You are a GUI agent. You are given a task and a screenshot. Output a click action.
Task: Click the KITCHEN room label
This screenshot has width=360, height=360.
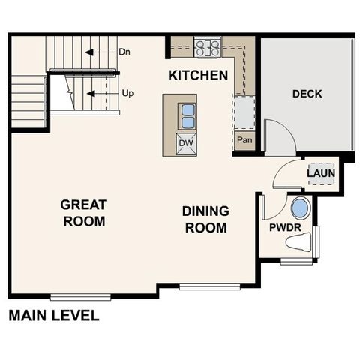point(197,75)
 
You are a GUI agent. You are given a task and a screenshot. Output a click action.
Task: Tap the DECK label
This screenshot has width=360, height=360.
point(307,94)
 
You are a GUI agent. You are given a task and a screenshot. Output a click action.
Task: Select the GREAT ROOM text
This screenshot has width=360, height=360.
point(83,212)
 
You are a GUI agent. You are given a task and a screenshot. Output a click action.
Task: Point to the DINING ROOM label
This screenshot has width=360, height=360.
point(205,219)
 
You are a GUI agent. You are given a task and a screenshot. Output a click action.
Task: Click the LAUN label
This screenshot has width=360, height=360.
point(321,173)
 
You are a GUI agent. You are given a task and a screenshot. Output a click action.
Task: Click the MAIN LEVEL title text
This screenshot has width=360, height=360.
point(53,316)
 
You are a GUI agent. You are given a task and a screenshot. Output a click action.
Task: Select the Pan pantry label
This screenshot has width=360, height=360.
point(244,140)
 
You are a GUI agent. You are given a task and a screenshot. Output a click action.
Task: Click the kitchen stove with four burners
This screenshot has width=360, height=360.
point(207,49)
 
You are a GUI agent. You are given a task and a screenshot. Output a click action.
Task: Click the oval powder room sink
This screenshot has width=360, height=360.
point(299,208)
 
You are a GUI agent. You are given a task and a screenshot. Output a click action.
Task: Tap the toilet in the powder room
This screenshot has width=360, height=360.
point(301,242)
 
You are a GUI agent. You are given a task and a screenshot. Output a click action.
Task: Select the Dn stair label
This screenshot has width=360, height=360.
point(125,52)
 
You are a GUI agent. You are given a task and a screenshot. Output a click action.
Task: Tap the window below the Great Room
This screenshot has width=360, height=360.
point(80,297)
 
